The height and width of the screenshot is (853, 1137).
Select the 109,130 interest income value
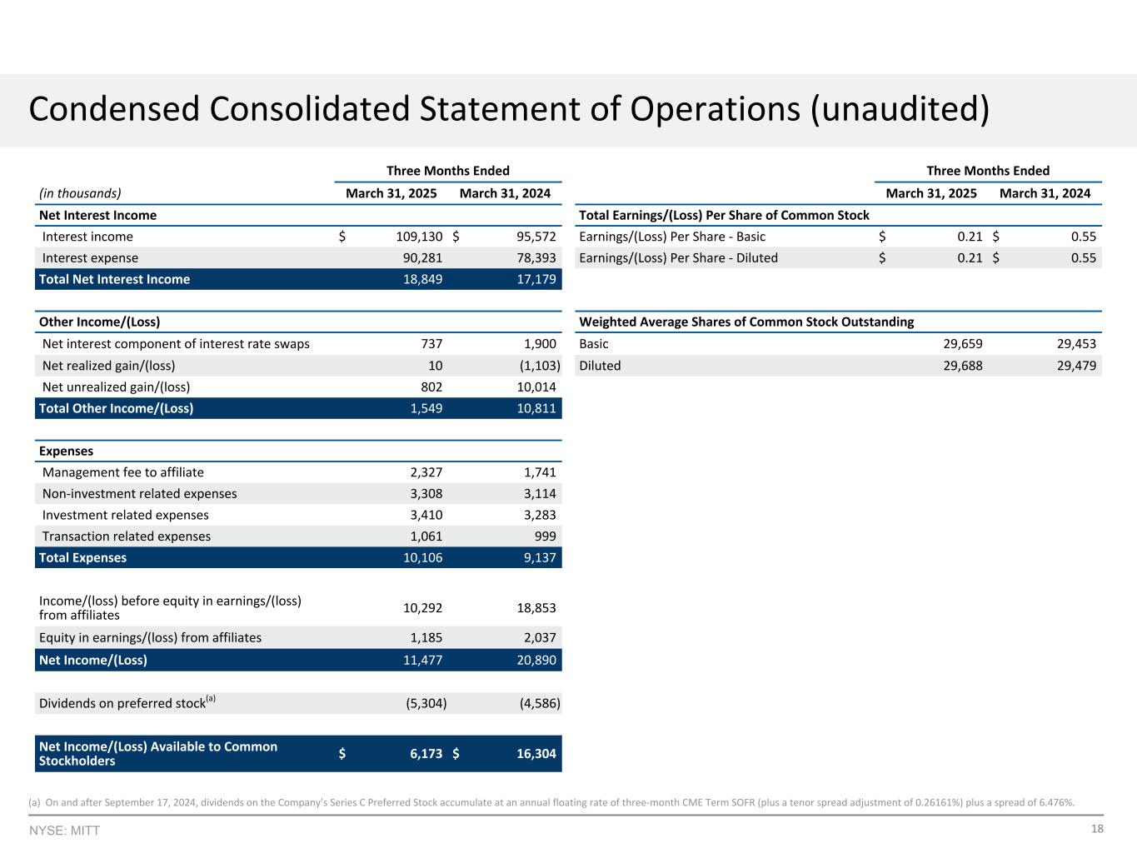coord(419,237)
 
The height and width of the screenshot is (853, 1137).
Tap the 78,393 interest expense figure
coord(533,258)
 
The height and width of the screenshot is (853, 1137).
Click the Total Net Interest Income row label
coord(114,279)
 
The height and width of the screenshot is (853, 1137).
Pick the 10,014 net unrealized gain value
coord(533,387)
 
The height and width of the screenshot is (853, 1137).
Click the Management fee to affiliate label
coord(123,472)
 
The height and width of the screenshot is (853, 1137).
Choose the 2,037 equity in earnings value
coord(537,638)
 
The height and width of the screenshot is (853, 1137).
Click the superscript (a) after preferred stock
coord(211,699)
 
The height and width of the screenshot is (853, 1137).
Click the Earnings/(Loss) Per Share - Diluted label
coord(678,258)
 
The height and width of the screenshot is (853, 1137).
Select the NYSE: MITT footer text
coord(64,831)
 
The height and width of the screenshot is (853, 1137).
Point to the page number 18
coord(1097,829)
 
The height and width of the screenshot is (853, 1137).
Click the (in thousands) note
coord(80,193)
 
